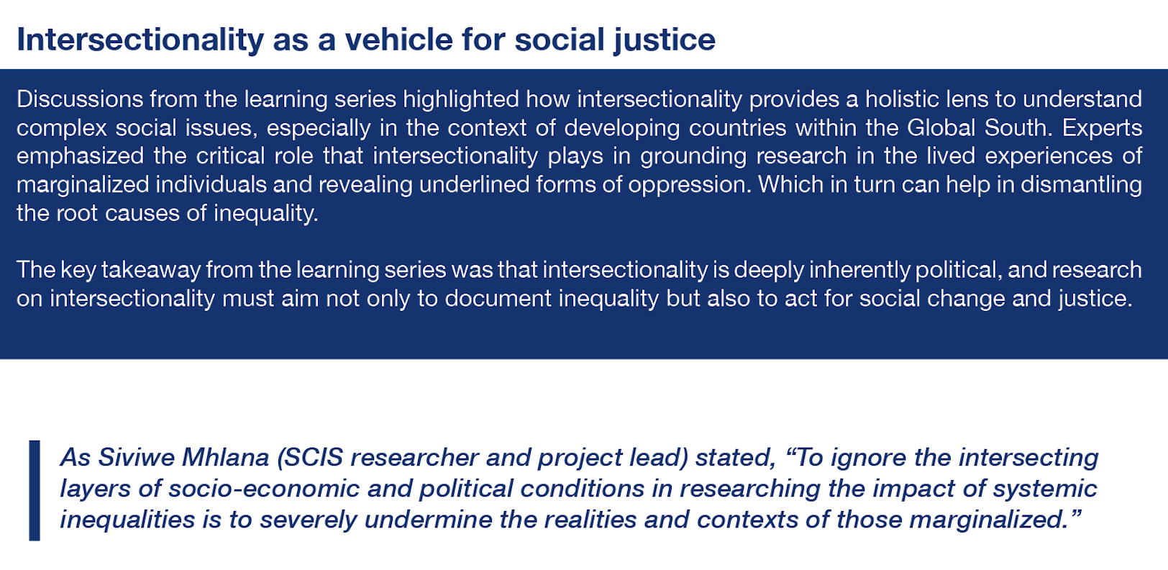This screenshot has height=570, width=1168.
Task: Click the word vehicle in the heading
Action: point(398,40)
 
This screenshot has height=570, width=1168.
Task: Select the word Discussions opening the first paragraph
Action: point(80,99)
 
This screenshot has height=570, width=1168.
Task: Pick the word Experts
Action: point(1103,128)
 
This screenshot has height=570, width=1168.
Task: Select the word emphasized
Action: point(81,157)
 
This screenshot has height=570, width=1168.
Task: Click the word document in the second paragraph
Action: point(498,299)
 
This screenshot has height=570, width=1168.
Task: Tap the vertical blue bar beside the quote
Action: point(35,490)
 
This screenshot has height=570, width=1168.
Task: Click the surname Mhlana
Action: point(225,457)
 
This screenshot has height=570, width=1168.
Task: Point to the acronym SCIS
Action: point(310,458)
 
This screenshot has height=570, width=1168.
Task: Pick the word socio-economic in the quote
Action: point(264,489)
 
